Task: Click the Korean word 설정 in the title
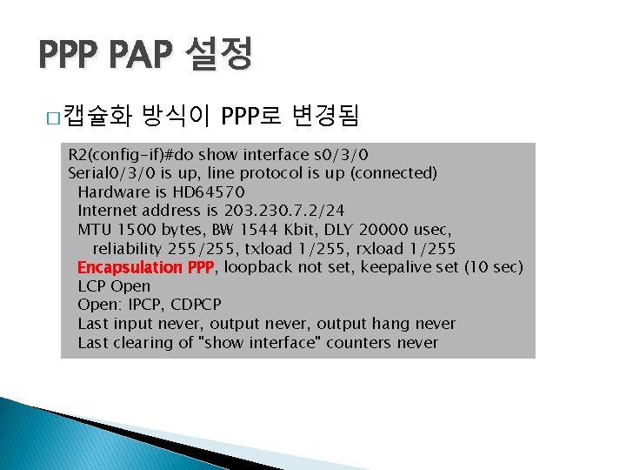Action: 216,55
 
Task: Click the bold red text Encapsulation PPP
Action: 145,267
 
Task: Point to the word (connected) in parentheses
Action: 396,173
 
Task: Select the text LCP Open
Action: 114,286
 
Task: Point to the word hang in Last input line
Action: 370,324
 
